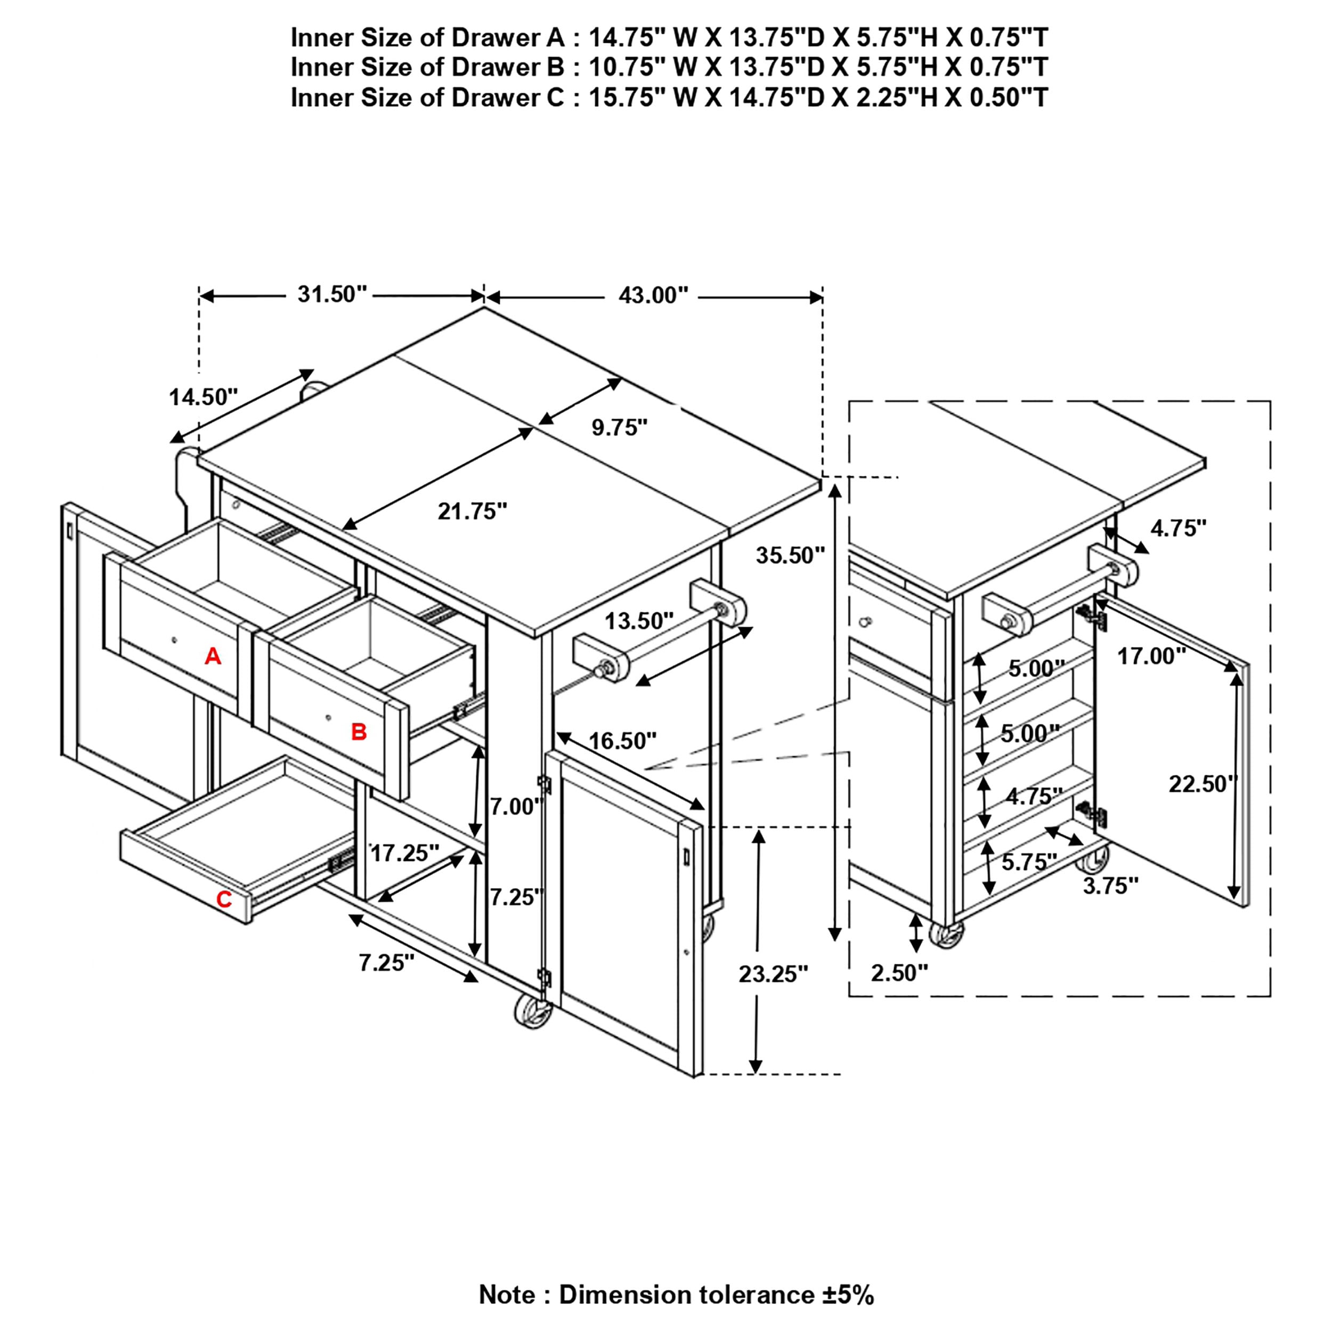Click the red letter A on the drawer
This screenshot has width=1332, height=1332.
pos(213,656)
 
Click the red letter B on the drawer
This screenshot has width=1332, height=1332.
pos(359,732)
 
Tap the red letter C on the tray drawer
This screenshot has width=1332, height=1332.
pos(224,900)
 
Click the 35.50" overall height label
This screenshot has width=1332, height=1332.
pos(790,555)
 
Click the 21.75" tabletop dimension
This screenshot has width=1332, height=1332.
pos(472,511)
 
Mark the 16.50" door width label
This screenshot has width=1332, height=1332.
pos(622,741)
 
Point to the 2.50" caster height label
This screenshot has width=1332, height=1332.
pos(899,973)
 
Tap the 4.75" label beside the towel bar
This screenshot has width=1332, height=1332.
pos(1178,528)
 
